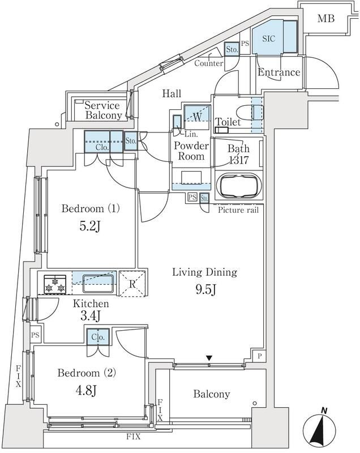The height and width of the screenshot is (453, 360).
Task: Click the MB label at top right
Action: point(325,19)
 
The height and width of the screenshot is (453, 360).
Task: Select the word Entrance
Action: point(278,72)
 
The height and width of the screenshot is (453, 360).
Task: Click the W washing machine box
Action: point(197,117)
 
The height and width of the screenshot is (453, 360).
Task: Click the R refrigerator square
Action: point(132,284)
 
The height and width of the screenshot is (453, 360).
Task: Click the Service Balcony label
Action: point(102,110)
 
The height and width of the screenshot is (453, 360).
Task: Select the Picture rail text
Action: point(238,210)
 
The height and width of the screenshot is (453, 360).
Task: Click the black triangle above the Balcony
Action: point(209,357)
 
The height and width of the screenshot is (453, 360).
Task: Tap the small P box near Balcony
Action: point(259,357)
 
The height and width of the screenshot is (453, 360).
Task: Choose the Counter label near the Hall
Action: point(208,63)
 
